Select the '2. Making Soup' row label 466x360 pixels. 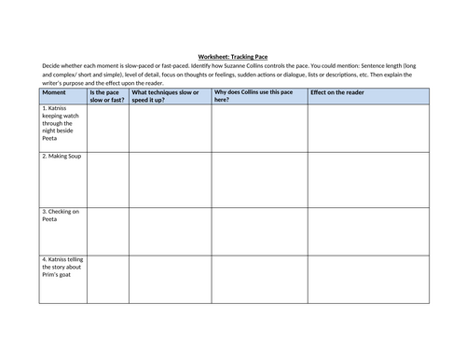click(62, 157)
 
